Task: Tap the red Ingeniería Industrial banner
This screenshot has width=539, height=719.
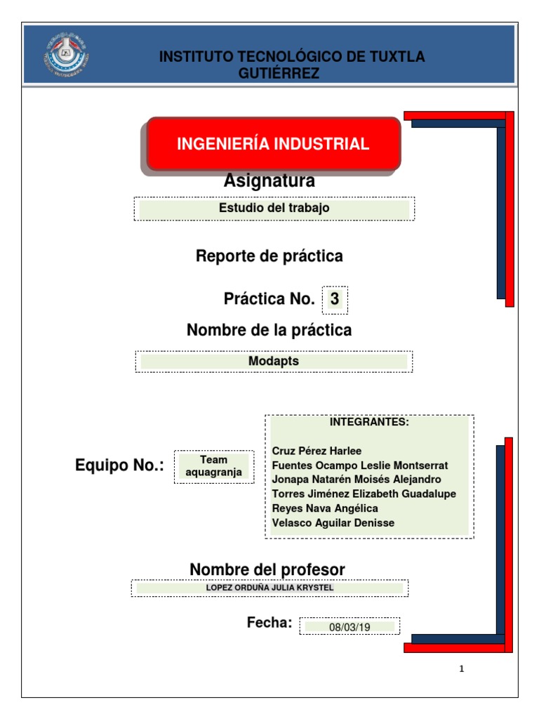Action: click(273, 144)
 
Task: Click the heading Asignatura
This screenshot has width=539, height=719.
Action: click(269, 181)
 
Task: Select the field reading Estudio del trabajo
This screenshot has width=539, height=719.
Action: click(274, 208)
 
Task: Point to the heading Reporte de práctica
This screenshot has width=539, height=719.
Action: click(269, 256)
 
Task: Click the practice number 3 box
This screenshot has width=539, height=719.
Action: click(335, 299)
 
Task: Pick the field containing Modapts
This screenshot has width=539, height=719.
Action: click(274, 361)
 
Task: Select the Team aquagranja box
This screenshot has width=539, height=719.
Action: click(213, 466)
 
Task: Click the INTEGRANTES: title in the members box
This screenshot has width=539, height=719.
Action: click(368, 422)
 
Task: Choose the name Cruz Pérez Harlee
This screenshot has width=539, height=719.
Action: click(317, 451)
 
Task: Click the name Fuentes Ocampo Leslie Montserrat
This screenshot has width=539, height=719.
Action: click(359, 466)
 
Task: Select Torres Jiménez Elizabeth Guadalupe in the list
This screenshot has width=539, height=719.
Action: click(364, 494)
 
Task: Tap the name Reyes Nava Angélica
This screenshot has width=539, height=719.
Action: click(324, 508)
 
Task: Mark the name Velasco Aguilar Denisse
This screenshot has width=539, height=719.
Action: click(333, 522)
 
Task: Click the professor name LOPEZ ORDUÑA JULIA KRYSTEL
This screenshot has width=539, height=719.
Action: click(269, 588)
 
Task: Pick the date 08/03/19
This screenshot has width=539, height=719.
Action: click(349, 626)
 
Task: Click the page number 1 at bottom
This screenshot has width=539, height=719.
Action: click(461, 669)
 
